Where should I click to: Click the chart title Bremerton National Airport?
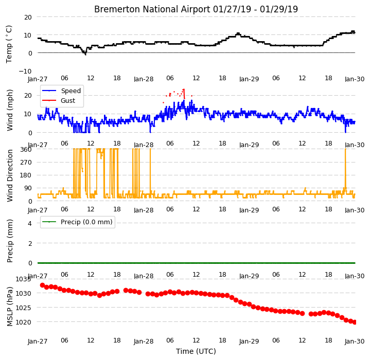(x=152, y=9)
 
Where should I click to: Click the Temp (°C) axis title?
(x=9, y=44)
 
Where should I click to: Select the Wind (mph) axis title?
(x=10, y=110)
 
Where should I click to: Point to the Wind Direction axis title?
(x=10, y=176)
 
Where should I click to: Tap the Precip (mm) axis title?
(x=10, y=241)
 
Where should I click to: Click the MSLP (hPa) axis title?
(x=10, y=307)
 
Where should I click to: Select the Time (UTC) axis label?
(x=196, y=351)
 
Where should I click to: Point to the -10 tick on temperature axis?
(x=25, y=71)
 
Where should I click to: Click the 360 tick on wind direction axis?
(x=26, y=150)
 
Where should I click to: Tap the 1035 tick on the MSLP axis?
(x=23, y=279)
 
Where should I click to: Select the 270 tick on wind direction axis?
(x=26, y=163)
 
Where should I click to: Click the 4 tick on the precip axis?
(x=30, y=223)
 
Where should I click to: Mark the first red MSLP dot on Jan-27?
(x=43, y=285)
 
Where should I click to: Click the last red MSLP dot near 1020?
(x=355, y=322)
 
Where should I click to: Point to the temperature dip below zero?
(x=85, y=54)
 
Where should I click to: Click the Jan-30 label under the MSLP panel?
(x=355, y=341)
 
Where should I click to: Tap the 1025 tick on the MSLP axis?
(x=23, y=308)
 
